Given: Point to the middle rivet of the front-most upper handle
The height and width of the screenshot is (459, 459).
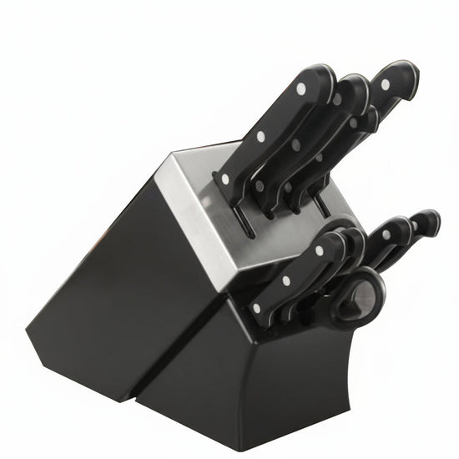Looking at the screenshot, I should (260, 137).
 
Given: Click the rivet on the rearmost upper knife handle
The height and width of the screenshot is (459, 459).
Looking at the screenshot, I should (385, 84).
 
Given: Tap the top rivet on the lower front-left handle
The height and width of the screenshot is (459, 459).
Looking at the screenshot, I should (320, 250).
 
